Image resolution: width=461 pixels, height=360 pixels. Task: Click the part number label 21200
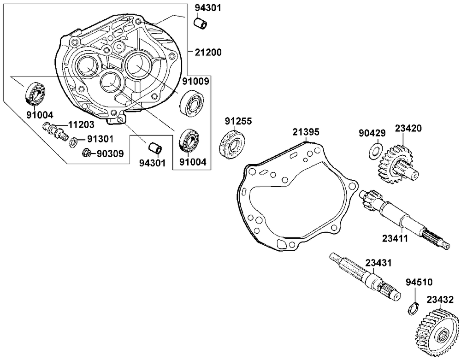[x=208, y=53]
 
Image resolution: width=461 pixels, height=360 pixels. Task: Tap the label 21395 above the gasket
[x=306, y=132]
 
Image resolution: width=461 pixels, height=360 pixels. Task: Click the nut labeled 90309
[x=85, y=153]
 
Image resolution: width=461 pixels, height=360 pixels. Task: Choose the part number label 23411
[x=395, y=238]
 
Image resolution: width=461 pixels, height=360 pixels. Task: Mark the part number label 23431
[x=378, y=263]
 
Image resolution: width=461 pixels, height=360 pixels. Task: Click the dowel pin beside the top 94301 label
[x=200, y=23]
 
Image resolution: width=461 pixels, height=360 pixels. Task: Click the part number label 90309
[x=110, y=153]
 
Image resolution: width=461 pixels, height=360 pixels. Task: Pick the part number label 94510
[x=419, y=281]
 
